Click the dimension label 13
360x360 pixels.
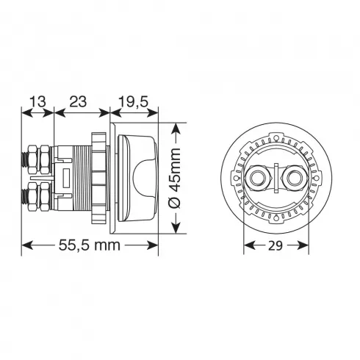[x=37, y=101]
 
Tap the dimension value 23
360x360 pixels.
[x=78, y=101]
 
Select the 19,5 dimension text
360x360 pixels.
[x=134, y=101]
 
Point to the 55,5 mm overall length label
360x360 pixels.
[x=90, y=245]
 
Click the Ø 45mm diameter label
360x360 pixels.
[x=176, y=178]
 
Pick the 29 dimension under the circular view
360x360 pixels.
[x=276, y=245]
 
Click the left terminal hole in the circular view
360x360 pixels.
[x=256, y=178]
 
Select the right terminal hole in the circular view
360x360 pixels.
[x=294, y=178]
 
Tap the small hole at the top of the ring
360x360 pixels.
[x=276, y=138]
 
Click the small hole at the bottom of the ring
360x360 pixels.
[x=276, y=217]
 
